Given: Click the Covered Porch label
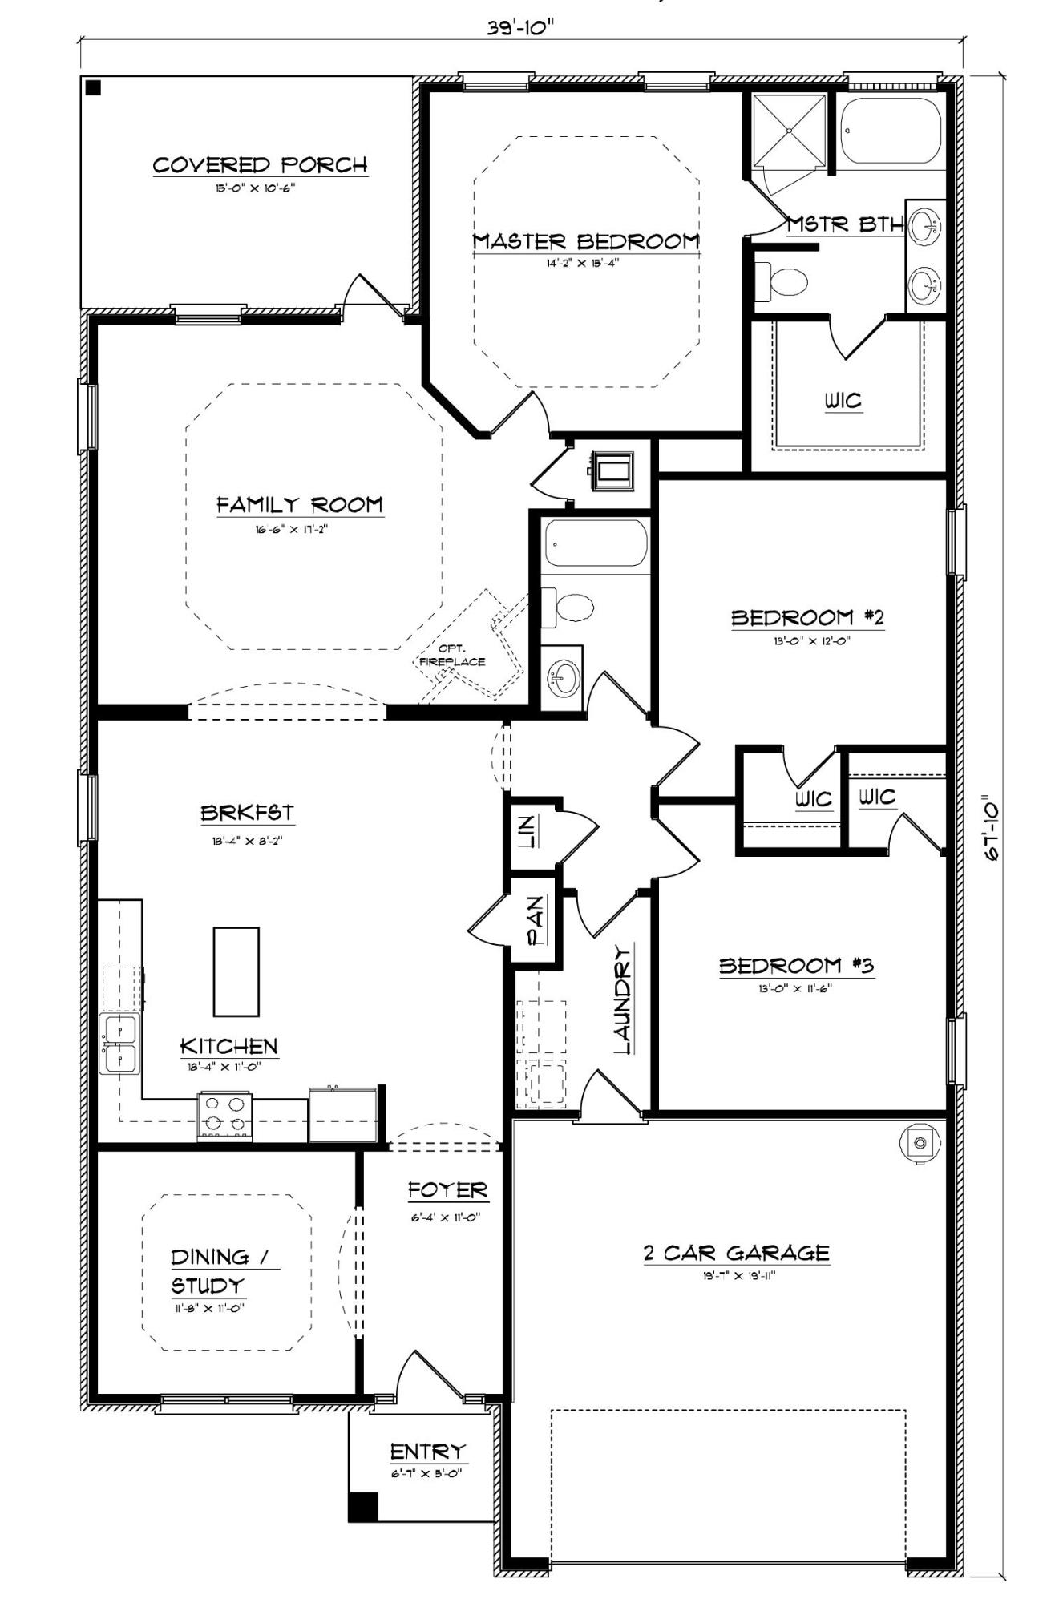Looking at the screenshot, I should [260, 165].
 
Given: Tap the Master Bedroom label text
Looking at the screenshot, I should [585, 241].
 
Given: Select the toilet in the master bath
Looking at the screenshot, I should [782, 282].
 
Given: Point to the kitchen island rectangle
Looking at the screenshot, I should [236, 971].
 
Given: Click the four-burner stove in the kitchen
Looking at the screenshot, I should [224, 1115].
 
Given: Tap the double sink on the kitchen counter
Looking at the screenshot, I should [119, 1044].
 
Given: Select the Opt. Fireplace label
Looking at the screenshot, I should [452, 656].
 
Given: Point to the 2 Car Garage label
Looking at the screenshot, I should [736, 1253].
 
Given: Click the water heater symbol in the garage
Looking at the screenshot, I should [920, 1142].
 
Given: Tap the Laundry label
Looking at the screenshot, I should [622, 999].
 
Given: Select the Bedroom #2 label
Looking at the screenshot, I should [806, 618].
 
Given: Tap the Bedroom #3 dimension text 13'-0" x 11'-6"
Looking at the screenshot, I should [795, 988].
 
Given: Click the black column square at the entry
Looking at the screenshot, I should [362, 1507].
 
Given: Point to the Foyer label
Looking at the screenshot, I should [447, 1190].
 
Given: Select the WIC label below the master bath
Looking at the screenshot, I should [843, 399].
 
